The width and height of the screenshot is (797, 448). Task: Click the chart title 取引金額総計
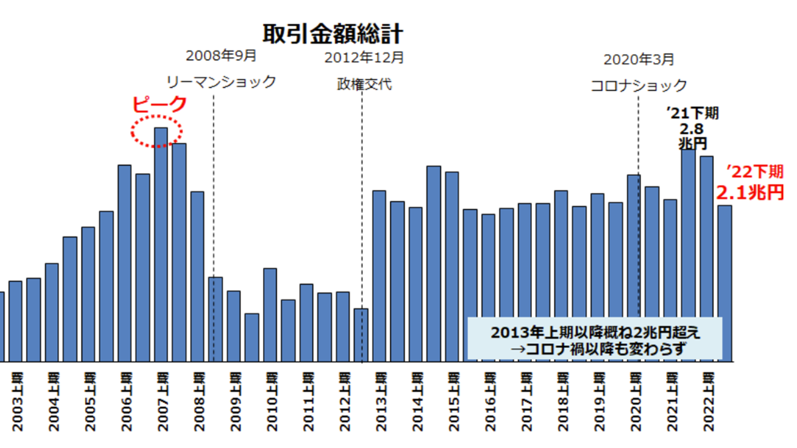pos(333,33)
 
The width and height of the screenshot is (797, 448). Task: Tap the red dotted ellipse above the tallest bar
pos(157,131)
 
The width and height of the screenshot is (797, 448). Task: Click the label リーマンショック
pos(221,82)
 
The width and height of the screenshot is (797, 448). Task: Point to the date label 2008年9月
pos(221,56)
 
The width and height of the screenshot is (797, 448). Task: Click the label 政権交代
pos(364,85)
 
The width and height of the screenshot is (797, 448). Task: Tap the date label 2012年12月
pos(364,58)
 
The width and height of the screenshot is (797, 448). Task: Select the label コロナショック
pos(639,86)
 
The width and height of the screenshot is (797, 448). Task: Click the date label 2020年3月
pos(639,60)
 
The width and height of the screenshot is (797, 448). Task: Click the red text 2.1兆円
pos(749,193)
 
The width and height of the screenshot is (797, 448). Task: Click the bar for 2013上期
pos(379,275)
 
